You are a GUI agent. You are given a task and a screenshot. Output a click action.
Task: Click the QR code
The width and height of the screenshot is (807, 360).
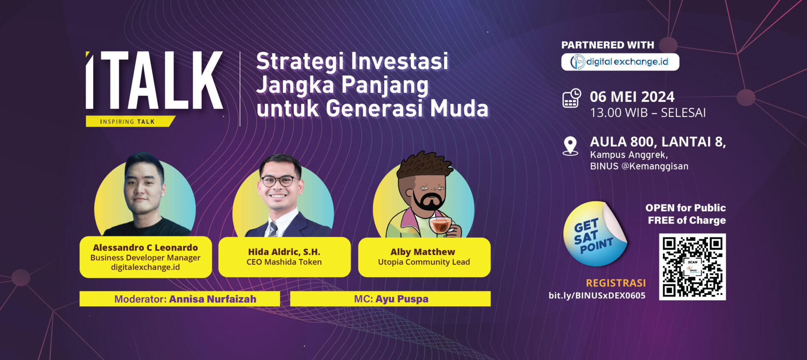[x=692, y=267]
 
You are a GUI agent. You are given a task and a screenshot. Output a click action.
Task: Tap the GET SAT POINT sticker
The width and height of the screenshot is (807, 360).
[x=595, y=234]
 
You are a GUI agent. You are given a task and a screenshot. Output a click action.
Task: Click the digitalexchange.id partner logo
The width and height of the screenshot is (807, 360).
[x=620, y=62]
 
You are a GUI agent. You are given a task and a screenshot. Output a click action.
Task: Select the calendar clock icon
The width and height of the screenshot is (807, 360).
[x=572, y=98]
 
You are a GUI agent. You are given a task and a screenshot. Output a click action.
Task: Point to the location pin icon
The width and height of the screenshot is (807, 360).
[x=570, y=146]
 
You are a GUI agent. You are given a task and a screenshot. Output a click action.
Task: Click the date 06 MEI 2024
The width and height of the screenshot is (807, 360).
[x=632, y=97]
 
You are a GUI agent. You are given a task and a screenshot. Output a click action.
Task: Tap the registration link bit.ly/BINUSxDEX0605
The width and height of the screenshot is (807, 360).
[x=597, y=295]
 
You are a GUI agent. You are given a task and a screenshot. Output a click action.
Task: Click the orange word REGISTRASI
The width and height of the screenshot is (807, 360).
[x=616, y=283]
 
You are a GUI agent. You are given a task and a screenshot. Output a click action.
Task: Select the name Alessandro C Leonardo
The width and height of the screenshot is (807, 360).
[x=145, y=247]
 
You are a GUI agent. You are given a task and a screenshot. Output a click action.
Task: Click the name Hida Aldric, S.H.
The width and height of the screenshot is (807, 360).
[x=284, y=252]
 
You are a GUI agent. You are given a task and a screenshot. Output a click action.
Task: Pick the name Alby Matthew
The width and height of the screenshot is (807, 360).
[x=423, y=252]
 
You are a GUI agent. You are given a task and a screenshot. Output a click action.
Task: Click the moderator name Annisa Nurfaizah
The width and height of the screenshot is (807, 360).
[x=213, y=299]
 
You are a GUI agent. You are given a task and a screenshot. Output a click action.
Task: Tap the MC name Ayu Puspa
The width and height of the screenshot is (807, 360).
[x=402, y=299]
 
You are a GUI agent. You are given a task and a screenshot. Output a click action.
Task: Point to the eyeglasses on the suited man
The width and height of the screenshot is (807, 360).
[x=278, y=181]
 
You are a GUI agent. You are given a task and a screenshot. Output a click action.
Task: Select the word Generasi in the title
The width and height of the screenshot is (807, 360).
[x=374, y=108]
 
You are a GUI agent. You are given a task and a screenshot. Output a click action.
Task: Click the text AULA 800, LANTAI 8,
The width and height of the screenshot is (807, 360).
[x=658, y=142]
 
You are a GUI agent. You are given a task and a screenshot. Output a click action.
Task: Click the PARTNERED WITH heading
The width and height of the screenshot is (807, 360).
[x=608, y=45]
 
